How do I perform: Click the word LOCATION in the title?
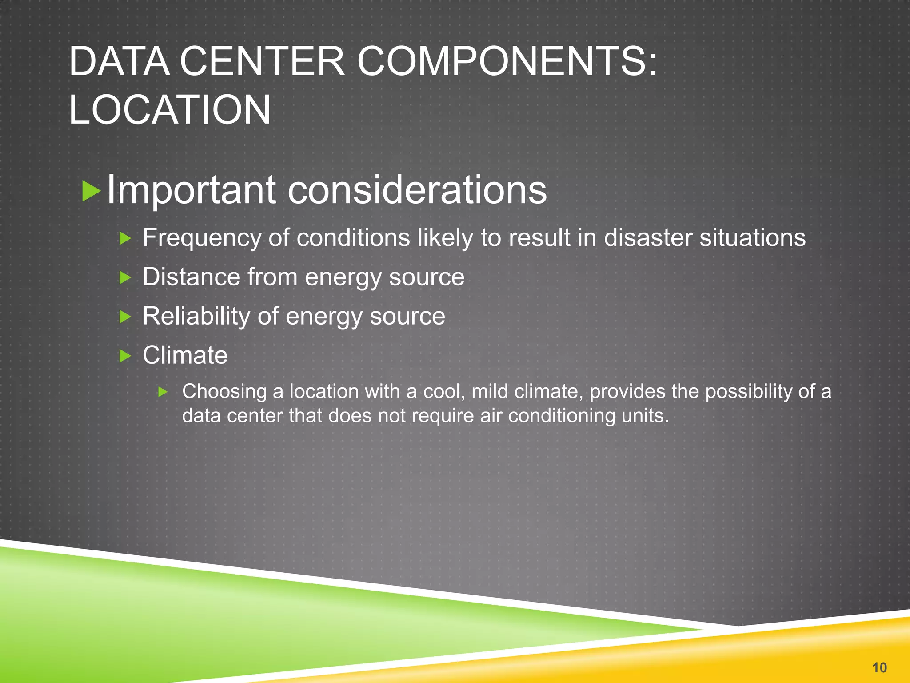(170, 110)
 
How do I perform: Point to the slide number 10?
(879, 667)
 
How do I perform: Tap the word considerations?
(417, 190)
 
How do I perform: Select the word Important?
(192, 191)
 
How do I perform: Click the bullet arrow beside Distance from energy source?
(126, 278)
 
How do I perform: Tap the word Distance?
(192, 277)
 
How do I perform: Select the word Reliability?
(196, 317)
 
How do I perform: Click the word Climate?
(185, 355)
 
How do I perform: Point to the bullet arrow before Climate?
(126, 356)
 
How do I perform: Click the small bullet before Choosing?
(163, 392)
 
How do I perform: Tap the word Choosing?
(224, 392)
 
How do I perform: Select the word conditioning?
(561, 416)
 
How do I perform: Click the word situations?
(753, 237)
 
